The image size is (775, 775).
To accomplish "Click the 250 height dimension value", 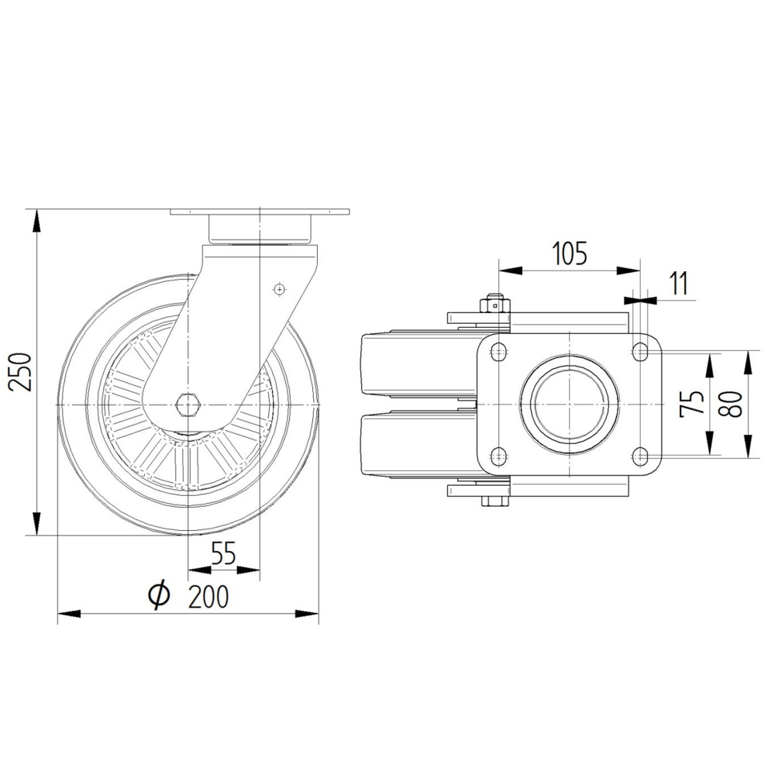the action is (20, 372).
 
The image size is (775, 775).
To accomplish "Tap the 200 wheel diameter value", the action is (208, 596).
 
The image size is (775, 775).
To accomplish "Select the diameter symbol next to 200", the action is (159, 595).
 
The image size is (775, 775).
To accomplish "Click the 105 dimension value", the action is (570, 253).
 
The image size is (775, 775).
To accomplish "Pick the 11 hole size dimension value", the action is (680, 283).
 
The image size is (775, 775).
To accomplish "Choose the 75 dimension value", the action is (691, 403).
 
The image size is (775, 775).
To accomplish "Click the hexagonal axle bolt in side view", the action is (188, 405).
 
